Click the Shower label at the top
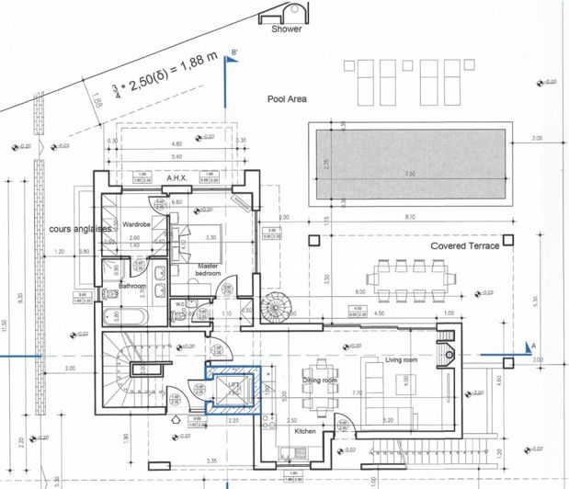[286, 28]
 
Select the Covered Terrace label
[465, 246]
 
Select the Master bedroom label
[213, 270]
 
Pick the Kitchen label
[305, 430]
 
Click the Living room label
[401, 360]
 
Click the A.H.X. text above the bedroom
[176, 178]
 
